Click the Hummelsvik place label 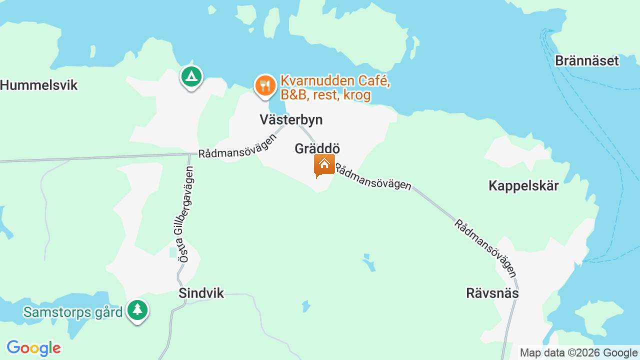coord(39,85)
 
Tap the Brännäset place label coord(587,61)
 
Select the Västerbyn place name coord(291,120)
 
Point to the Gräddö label coord(317,149)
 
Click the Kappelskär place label coord(523,186)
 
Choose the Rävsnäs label coord(492,293)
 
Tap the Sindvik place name coord(201,293)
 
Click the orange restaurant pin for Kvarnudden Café coord(265,85)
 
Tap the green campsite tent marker coord(191,76)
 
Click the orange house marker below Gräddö coord(324,164)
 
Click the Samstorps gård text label coord(73,312)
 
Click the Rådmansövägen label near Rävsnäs coord(485,247)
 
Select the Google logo coord(33,348)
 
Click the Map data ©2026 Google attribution coord(578,353)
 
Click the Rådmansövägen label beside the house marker coord(373,177)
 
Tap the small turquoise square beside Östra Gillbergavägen coord(173,252)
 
